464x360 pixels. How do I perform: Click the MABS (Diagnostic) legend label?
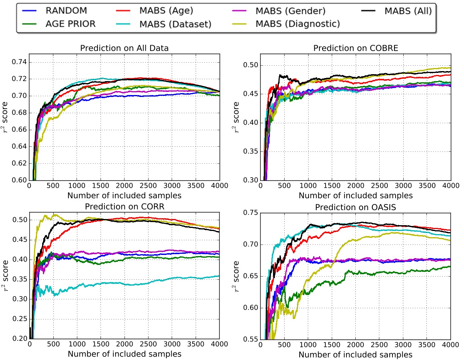(297, 24)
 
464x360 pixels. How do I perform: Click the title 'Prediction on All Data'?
(125, 49)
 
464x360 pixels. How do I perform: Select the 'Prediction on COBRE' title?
(355, 49)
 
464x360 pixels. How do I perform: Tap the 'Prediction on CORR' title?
(125, 206)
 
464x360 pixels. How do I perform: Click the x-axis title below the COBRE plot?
(355, 195)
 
